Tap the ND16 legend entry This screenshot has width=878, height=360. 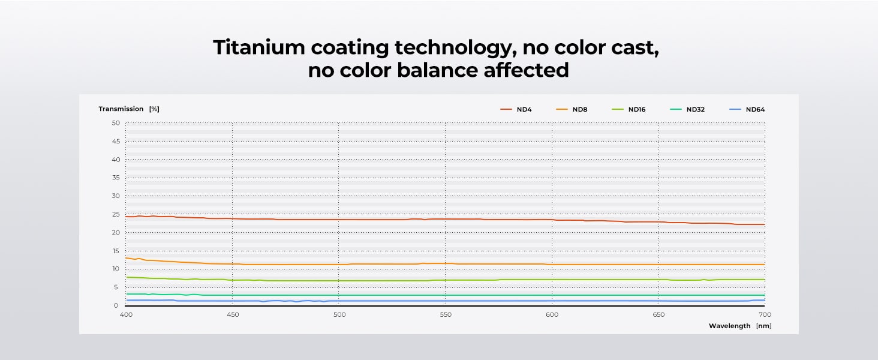(636, 109)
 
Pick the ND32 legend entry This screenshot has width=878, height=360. (695, 109)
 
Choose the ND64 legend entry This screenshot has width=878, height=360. (754, 109)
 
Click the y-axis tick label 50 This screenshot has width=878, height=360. (116, 123)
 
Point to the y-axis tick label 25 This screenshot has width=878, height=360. (116, 214)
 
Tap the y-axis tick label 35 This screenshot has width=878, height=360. (116, 178)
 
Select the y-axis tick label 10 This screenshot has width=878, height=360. (116, 269)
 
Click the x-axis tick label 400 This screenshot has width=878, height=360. (126, 314)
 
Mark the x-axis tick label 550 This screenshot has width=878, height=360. (446, 314)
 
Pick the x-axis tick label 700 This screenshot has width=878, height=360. (765, 314)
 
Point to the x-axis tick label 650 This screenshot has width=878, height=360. (659, 314)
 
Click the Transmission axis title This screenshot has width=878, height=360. (121, 109)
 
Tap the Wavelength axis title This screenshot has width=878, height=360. (729, 326)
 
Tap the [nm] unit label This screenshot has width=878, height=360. (763, 326)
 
